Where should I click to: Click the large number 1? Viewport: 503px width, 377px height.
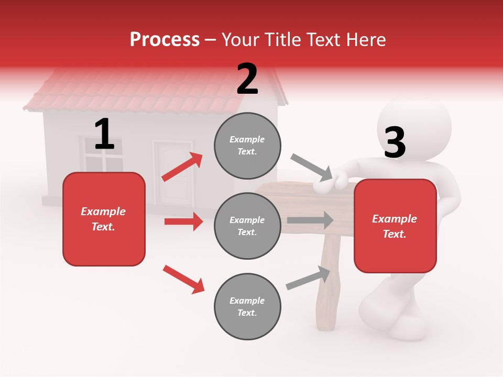[x=104, y=135]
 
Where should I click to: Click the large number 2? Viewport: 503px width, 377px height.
[x=247, y=79]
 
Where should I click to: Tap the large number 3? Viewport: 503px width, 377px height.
[x=395, y=142]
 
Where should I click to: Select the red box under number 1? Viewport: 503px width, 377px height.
[x=104, y=219]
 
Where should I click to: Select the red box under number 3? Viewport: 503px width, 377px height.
[x=395, y=226]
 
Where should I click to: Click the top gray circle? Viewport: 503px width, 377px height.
[x=247, y=146]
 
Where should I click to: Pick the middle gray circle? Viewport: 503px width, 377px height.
[x=247, y=226]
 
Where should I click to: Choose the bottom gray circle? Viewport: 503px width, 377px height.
[x=247, y=306]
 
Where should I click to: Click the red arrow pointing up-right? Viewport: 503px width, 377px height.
[x=182, y=167]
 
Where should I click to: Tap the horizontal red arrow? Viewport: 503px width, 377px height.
[x=183, y=221]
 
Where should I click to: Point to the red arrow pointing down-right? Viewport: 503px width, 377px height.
[x=183, y=279]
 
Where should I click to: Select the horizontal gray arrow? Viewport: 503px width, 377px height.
[x=310, y=220]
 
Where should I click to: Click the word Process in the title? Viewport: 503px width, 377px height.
[x=165, y=39]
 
